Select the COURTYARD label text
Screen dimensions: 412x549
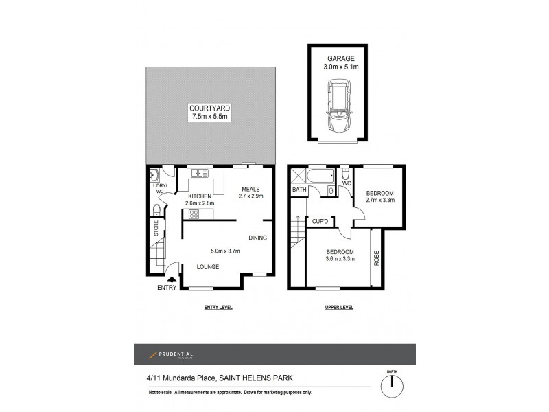point(211,108)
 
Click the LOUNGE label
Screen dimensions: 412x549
point(207,266)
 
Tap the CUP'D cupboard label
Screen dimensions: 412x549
point(323,221)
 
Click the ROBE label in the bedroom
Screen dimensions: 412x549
point(375,257)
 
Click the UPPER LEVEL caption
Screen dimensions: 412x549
point(339,308)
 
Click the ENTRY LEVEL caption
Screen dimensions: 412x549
point(218,308)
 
